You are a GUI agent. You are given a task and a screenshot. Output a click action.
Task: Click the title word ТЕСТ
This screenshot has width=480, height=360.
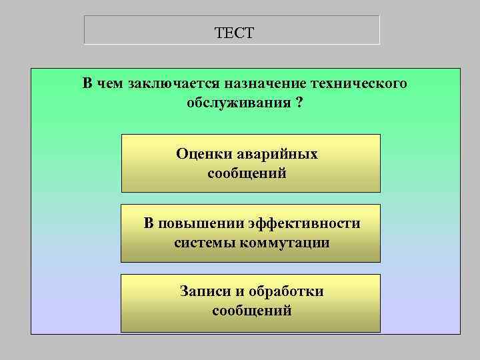235,33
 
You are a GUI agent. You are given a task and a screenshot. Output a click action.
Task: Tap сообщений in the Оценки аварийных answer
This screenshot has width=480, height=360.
247,173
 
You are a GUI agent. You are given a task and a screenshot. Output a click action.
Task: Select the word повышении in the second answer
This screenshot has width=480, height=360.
193,223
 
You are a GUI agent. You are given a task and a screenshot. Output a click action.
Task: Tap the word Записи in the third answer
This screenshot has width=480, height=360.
204,291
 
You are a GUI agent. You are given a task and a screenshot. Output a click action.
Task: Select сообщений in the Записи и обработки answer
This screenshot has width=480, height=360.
251,311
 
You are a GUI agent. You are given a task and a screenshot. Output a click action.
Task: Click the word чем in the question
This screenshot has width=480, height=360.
109,84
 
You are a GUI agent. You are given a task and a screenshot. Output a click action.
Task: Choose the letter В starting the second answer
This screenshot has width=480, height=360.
149,223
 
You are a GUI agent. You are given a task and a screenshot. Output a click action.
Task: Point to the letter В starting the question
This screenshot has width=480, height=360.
87,84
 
